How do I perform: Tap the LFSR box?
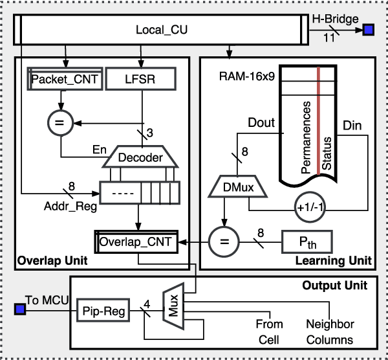(x=141, y=79)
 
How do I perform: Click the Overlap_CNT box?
(x=136, y=242)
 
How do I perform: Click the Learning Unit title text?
(x=332, y=261)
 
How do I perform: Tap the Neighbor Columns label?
(x=330, y=332)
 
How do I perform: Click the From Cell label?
(x=270, y=332)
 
